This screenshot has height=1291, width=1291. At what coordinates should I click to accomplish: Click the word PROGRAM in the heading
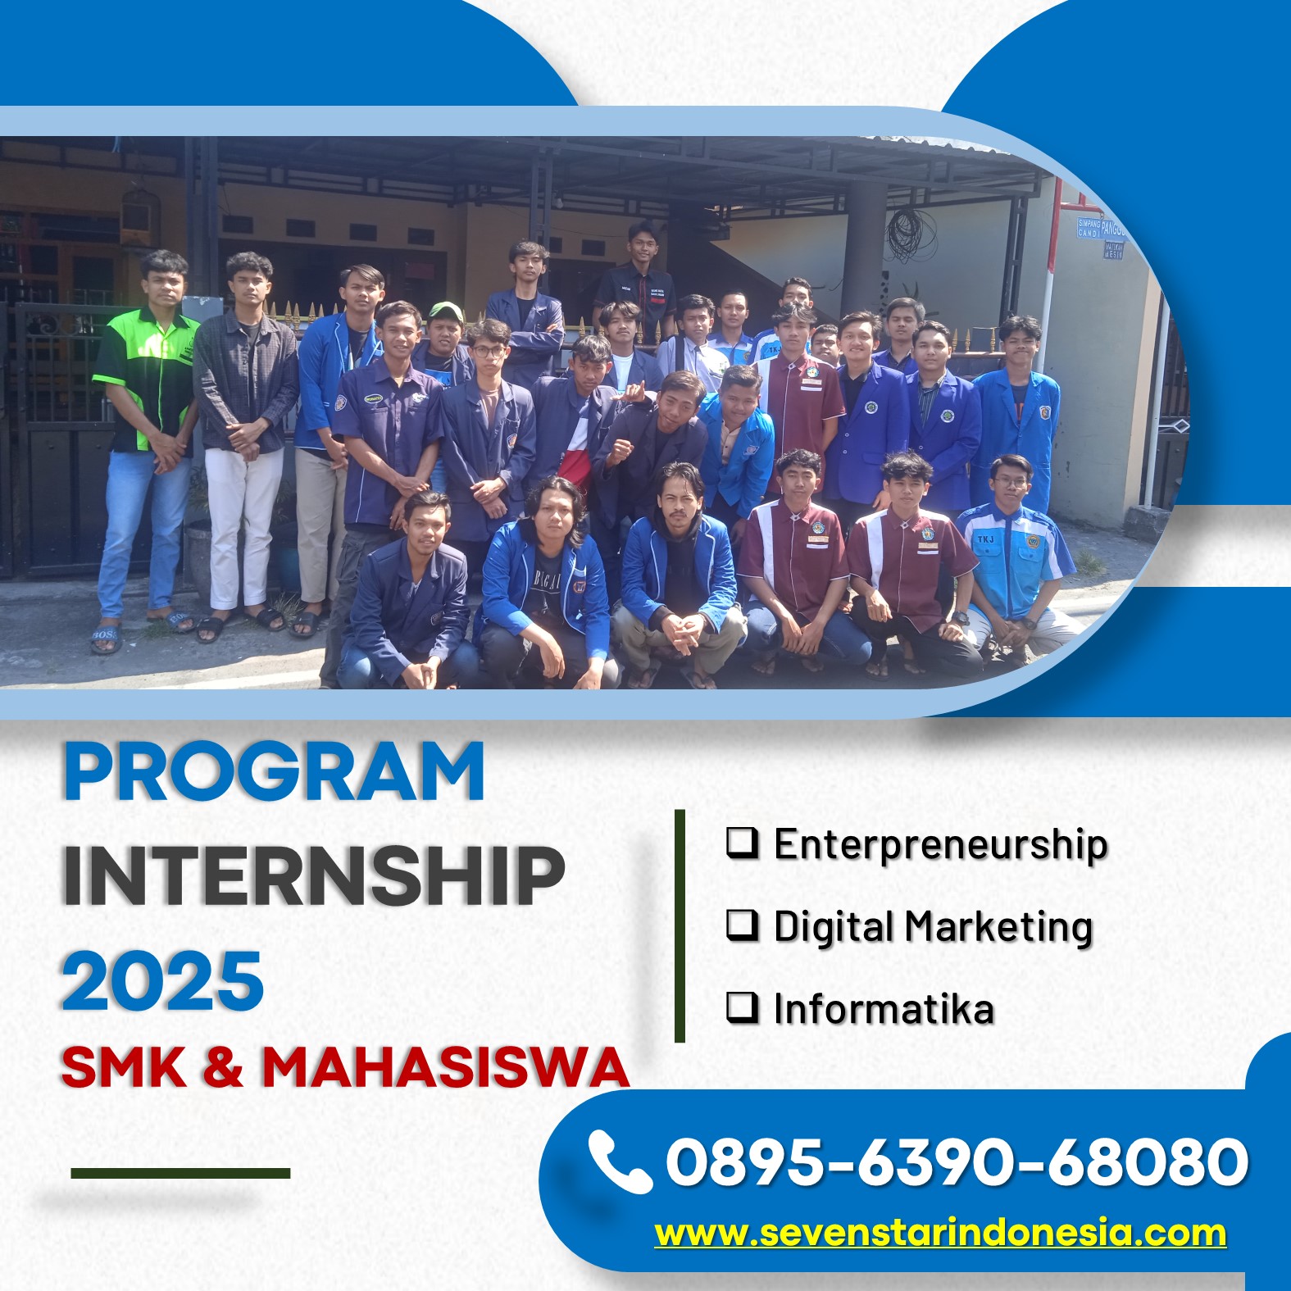tap(275, 771)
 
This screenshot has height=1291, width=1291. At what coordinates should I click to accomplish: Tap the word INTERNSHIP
tap(314, 875)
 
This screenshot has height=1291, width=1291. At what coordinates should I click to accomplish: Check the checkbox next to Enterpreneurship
tap(742, 843)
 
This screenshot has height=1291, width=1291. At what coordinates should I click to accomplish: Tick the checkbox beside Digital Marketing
tap(742, 925)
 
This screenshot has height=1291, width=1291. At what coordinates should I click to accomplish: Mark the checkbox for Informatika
tap(742, 1007)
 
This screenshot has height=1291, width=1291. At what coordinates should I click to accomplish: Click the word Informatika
tap(884, 1008)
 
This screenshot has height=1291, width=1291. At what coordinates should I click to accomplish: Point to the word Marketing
tap(998, 928)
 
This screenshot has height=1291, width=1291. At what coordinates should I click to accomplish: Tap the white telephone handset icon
tap(619, 1161)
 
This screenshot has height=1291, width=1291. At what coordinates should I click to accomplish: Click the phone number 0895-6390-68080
tap(957, 1161)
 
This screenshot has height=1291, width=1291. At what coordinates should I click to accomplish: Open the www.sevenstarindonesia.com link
tap(940, 1233)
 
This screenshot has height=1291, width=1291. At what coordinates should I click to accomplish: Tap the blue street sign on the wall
tap(1101, 235)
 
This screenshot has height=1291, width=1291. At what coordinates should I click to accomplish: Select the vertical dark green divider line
tap(680, 926)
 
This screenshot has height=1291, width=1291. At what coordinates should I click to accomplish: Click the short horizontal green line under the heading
tap(180, 1173)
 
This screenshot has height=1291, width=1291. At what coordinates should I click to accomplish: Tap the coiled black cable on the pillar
tap(911, 234)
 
